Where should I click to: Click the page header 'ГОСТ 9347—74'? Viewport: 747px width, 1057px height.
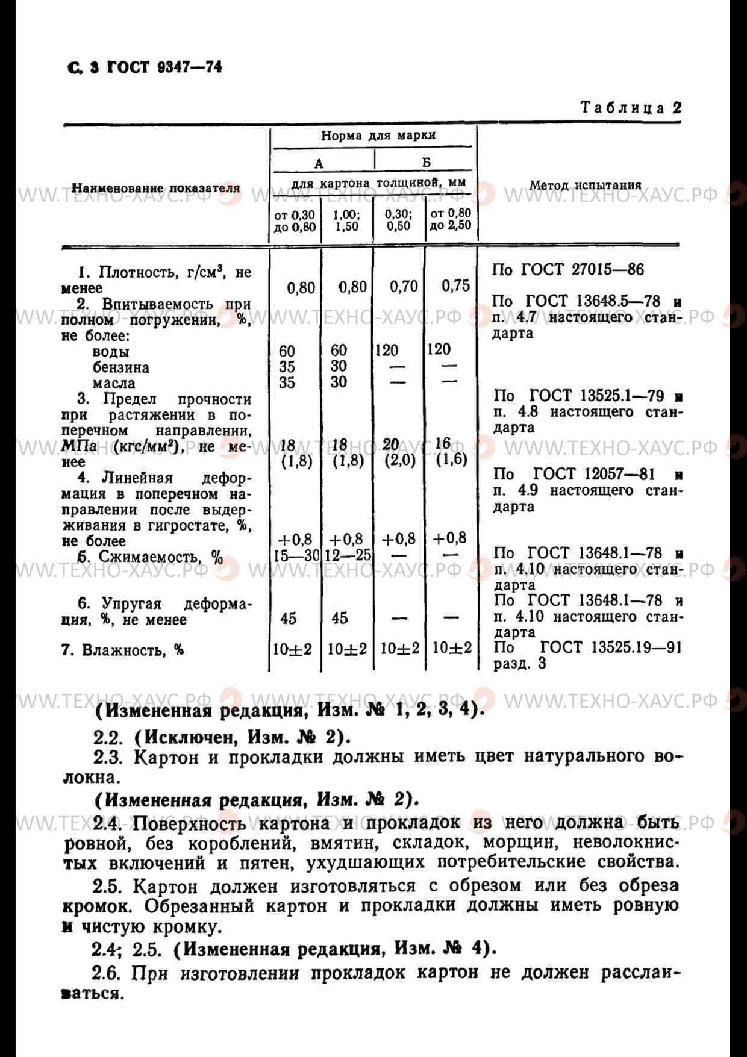pyautogui.click(x=164, y=67)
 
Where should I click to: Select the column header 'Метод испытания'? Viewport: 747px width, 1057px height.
pyautogui.click(x=585, y=186)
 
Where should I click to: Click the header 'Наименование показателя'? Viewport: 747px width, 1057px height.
pyautogui.click(x=156, y=188)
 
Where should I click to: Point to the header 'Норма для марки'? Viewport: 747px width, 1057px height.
pyautogui.click(x=378, y=136)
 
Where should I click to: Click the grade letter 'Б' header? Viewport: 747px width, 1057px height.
pyautogui.click(x=426, y=163)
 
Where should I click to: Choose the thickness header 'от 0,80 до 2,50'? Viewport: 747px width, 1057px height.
pyautogui.click(x=450, y=220)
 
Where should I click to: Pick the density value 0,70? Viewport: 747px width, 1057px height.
pyautogui.click(x=404, y=286)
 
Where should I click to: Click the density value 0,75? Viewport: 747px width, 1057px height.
pyautogui.click(x=455, y=285)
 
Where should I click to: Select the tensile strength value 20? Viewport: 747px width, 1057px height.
pyautogui.click(x=391, y=444)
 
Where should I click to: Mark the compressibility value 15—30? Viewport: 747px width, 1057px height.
pyautogui.click(x=295, y=555)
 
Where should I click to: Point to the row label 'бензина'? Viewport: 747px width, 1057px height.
pyautogui.click(x=120, y=367)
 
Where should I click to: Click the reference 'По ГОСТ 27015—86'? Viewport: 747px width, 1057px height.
pyautogui.click(x=567, y=269)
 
